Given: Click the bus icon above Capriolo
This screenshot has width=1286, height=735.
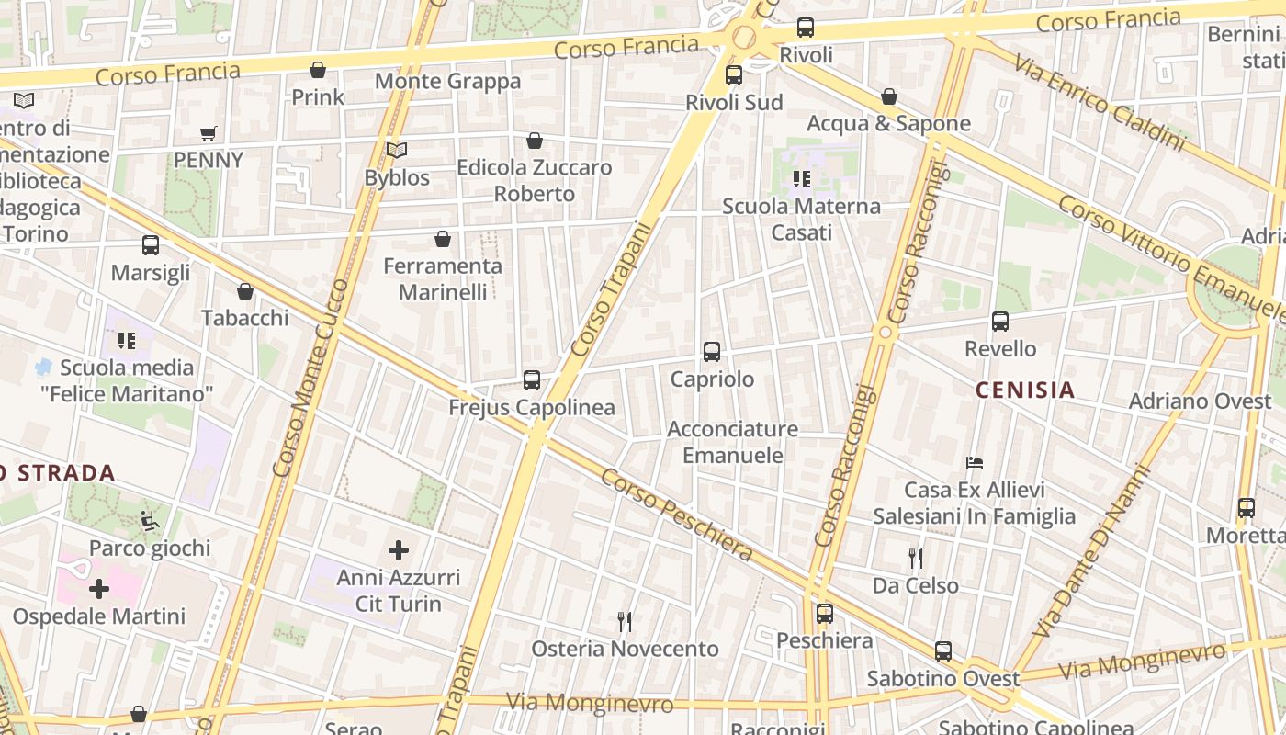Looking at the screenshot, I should click(x=711, y=351).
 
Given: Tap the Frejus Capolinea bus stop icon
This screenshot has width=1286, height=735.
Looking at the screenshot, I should click(x=531, y=379).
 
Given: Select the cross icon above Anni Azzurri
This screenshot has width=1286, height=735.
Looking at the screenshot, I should click(x=398, y=550).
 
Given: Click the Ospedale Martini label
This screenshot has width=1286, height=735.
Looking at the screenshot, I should click(x=98, y=616).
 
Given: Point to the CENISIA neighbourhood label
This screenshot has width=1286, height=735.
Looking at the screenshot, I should click(x=1025, y=390).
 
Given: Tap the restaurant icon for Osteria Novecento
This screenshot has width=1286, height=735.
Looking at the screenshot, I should click(x=625, y=622).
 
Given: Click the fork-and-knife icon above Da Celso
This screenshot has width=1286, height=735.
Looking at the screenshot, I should click(x=915, y=559).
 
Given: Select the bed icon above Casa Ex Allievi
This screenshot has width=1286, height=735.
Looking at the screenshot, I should click(x=974, y=463).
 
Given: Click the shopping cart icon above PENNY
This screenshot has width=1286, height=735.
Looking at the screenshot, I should click(x=209, y=133).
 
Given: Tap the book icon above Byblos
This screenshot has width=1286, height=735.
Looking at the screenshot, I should click(x=396, y=150).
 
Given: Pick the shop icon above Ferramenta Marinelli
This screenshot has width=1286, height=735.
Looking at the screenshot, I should click(x=442, y=239).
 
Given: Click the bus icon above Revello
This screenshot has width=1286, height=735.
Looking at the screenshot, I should click(x=999, y=322).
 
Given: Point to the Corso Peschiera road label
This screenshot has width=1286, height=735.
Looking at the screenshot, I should click(x=677, y=515).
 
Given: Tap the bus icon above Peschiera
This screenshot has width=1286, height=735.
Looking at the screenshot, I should click(x=824, y=613).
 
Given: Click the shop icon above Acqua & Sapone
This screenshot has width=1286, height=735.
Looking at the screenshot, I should click(x=888, y=96).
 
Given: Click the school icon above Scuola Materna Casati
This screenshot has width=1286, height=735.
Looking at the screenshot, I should click(x=801, y=179).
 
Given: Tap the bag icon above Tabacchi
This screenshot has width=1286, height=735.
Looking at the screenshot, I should click(x=244, y=291).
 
